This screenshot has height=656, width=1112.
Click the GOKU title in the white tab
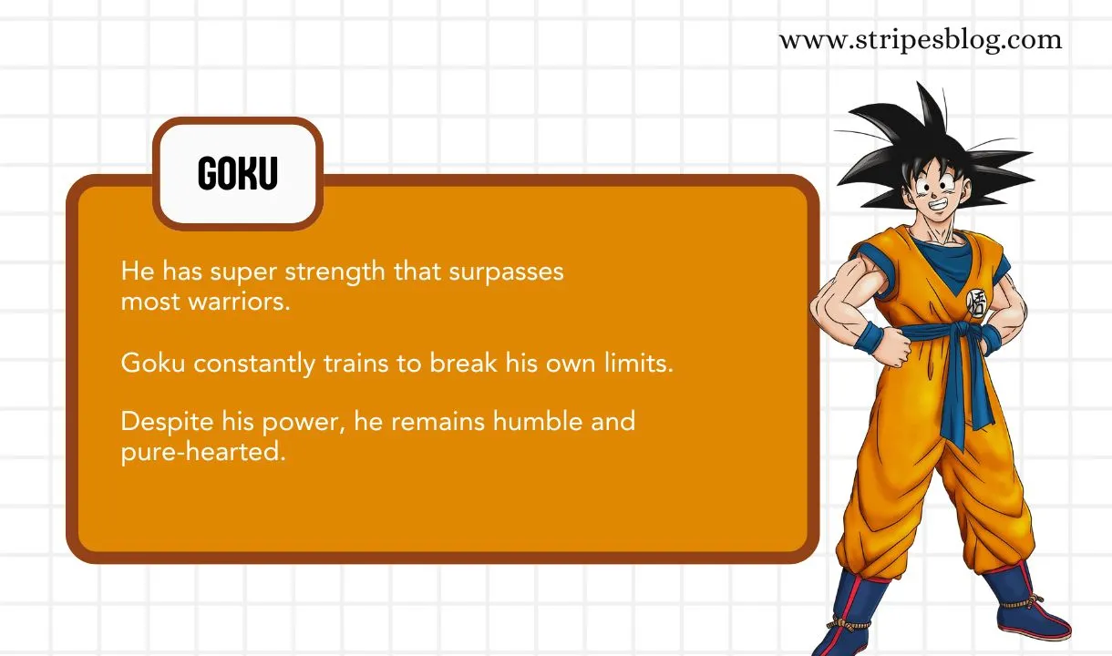click(x=237, y=173)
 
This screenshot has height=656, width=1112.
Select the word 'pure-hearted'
click(x=203, y=452)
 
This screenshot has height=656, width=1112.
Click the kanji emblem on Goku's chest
click(x=975, y=302)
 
